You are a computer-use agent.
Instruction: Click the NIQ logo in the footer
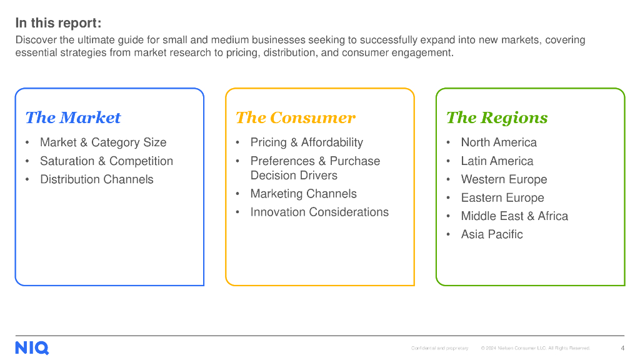32,348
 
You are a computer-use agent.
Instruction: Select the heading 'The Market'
73,117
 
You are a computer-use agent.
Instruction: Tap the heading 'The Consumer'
295,117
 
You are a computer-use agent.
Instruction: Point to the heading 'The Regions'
496,117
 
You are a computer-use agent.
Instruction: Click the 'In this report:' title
58,23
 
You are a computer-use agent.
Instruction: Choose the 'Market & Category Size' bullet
103,142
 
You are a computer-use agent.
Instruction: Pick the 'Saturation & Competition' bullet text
106,161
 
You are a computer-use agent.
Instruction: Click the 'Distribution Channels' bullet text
96,179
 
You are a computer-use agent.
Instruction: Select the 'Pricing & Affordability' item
306,142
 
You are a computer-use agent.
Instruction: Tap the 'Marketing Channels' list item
303,194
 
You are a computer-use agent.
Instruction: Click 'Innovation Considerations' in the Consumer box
319,212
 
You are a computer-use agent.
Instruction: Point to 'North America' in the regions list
499,142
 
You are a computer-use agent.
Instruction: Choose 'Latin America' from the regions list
497,161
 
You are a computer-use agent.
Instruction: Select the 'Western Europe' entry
504,179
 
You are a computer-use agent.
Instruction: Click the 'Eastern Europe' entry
502,198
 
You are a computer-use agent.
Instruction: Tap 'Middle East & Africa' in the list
514,216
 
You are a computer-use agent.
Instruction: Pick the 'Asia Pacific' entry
492,234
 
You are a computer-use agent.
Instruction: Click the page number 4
622,348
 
